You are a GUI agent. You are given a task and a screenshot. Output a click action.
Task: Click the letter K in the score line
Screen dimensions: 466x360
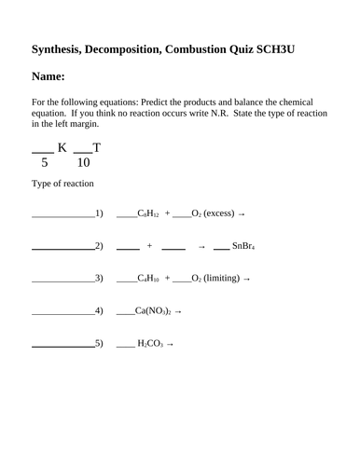[63, 147]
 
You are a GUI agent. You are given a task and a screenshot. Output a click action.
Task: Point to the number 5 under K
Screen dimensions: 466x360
[44, 163]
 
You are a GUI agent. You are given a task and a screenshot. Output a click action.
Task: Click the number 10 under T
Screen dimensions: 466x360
[84, 163]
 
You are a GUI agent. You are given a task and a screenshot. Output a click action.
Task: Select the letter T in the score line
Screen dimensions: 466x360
[97, 147]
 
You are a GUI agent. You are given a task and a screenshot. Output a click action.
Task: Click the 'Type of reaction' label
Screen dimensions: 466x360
[62, 184]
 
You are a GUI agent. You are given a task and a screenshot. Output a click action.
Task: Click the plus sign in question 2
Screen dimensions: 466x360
[149, 246]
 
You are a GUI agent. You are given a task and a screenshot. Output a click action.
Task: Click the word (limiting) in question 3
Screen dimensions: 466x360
[221, 278]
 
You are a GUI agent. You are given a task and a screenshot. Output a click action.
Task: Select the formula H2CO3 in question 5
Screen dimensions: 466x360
[149, 343]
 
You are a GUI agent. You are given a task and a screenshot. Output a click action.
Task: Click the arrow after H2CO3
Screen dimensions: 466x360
[170, 343]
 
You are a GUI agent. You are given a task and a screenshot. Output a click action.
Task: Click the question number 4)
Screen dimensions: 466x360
[99, 310]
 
